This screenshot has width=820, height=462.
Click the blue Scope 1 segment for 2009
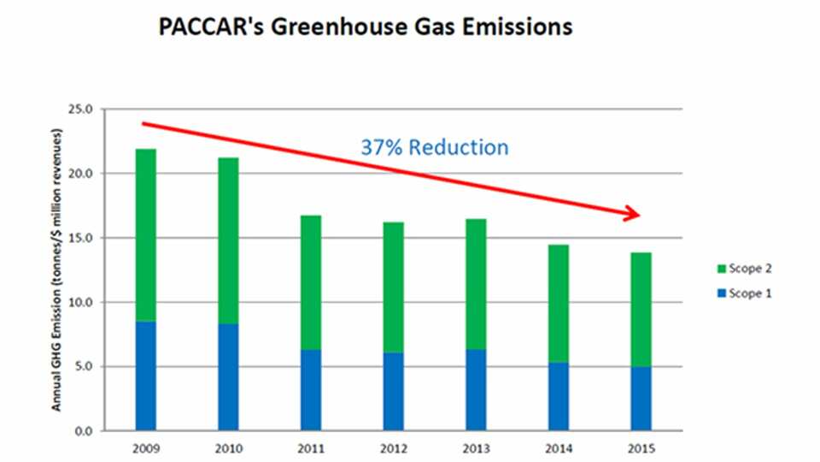pos(145,376)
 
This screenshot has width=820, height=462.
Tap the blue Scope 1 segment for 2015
pos(641,398)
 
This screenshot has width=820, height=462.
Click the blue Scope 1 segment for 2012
pos(393,391)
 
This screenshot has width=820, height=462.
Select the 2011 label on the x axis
pos(310,447)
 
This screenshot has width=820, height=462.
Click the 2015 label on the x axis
pos(641,447)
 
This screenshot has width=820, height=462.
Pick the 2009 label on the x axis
pos(145,447)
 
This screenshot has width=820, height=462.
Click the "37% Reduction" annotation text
pos(434,147)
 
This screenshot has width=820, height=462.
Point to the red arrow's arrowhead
pos(633,214)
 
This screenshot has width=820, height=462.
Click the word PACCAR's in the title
pos(214,27)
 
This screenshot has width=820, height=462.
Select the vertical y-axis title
pos(57,270)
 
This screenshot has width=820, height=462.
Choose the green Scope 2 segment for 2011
pos(310,282)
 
